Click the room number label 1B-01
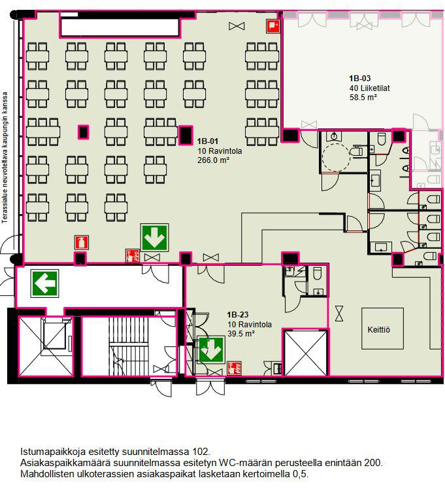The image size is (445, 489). [208, 141]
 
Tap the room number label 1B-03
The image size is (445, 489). [360, 79]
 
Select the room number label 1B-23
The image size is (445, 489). [238, 314]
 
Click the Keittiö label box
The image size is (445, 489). [382, 329]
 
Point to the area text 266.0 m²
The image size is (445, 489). [213, 160]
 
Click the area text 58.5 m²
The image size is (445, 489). [363, 98]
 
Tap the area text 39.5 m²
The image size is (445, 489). [241, 333]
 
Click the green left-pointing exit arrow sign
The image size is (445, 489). [45, 283]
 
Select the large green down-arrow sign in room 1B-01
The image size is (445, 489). [154, 238]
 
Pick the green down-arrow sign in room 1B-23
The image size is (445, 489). [211, 350]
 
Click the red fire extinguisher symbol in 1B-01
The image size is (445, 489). [82, 242]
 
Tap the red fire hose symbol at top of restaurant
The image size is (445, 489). [272, 26]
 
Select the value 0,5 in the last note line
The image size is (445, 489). [300, 474]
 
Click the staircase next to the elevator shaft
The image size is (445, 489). [128, 346]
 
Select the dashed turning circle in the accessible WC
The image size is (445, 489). [336, 156]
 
